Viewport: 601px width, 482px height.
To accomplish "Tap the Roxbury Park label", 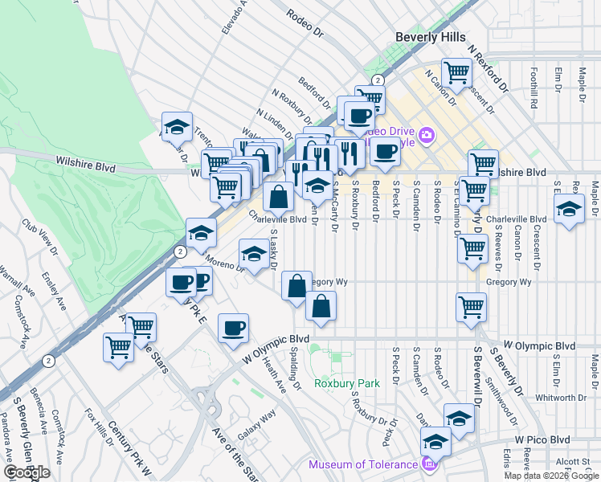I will [346, 383].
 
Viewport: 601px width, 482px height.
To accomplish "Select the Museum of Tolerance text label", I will [364, 464].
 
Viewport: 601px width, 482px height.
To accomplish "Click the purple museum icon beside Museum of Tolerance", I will [429, 464].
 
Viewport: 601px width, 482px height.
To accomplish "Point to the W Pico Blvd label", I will [542, 439].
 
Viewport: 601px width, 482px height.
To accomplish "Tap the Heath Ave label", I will [274, 375].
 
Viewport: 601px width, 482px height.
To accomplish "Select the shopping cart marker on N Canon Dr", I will [456, 72].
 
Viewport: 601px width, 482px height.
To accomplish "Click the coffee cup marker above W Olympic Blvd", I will [233, 327].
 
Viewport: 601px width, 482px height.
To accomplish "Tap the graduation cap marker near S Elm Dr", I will [569, 210].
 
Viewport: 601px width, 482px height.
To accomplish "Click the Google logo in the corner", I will [27, 472].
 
